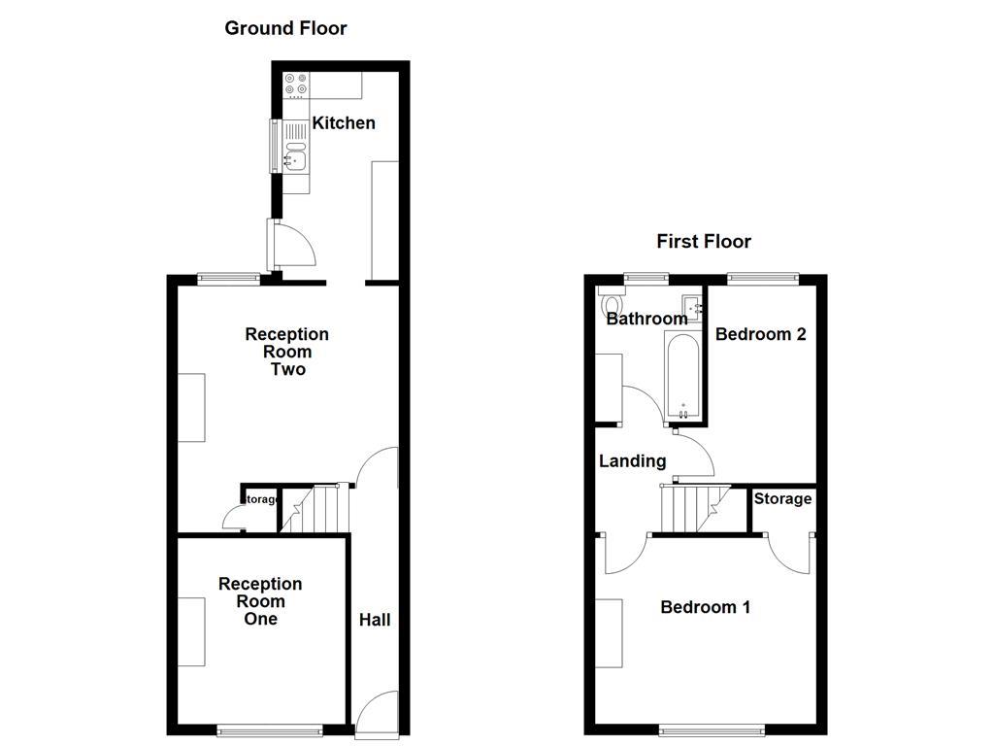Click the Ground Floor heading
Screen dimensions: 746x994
(285, 28)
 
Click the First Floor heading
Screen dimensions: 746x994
(704, 241)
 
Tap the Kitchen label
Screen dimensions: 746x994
(343, 123)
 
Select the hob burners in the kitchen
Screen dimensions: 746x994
(295, 85)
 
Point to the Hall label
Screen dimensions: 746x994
(375, 620)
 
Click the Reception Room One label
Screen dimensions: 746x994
(260, 601)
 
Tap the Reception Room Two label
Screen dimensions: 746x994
(286, 352)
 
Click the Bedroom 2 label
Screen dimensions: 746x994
(761, 334)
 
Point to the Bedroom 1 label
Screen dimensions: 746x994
(706, 607)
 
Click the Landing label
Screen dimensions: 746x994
(632, 461)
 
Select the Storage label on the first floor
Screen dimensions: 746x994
(782, 498)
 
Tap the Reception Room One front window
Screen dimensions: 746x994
(269, 729)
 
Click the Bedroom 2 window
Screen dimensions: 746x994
(763, 278)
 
